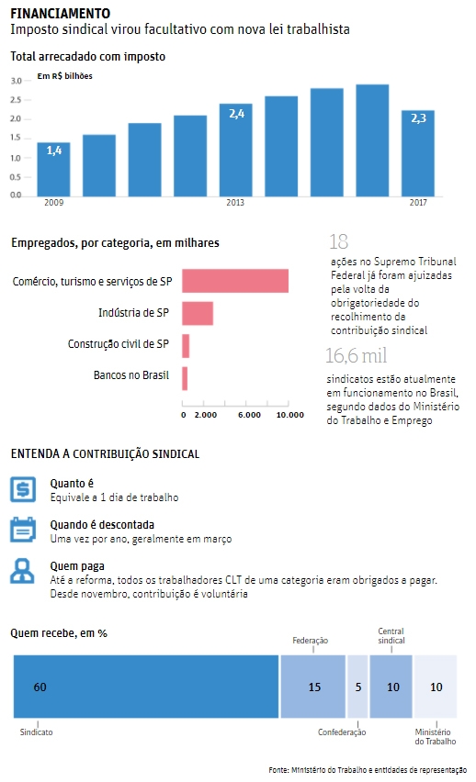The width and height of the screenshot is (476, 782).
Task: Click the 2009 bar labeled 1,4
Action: click(53, 169)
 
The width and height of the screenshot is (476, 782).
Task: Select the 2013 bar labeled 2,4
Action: click(236, 150)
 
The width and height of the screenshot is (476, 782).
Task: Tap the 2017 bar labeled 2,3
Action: click(418, 153)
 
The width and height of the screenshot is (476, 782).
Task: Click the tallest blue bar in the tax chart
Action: click(372, 140)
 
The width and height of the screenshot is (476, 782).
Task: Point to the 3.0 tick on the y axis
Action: click(16, 81)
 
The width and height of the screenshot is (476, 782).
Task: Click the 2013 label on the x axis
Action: click(235, 203)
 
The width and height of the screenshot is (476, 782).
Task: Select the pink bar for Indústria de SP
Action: click(198, 313)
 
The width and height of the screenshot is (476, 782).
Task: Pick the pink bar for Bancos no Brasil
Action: click(185, 378)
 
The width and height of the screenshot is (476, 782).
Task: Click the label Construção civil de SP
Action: click(119, 344)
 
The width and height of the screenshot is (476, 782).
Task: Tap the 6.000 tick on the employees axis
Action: click(249, 415)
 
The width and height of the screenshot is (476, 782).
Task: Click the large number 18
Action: click(339, 242)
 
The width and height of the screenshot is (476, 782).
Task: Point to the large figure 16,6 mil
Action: click(357, 355)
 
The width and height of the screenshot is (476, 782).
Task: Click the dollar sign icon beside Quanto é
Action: click(23, 488)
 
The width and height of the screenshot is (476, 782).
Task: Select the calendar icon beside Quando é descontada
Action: click(23, 530)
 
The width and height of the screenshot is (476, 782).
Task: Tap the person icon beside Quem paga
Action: click(22, 571)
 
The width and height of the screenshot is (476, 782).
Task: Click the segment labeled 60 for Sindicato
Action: click(146, 687)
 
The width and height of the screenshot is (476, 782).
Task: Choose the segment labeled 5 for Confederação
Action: click(357, 687)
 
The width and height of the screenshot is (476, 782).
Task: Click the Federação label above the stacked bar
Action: click(311, 641)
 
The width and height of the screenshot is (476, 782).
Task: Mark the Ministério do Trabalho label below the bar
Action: click(435, 737)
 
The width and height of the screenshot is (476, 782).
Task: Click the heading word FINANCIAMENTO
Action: click(61, 14)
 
